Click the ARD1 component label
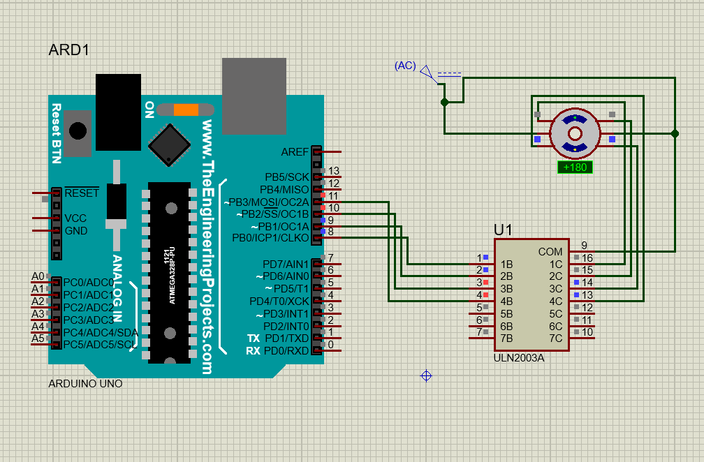click(x=69, y=50)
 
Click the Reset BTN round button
click(x=78, y=131)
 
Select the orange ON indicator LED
click(x=186, y=109)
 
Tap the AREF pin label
click(x=294, y=152)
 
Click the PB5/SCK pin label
click(x=286, y=177)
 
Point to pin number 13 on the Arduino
click(x=333, y=171)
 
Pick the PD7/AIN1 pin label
click(x=286, y=264)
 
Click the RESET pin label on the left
click(x=81, y=193)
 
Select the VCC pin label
click(x=75, y=218)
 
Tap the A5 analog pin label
click(x=38, y=338)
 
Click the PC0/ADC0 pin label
click(x=89, y=283)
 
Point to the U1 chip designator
click(x=503, y=230)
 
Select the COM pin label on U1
click(x=550, y=251)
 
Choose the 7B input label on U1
click(x=507, y=338)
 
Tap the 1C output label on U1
click(x=555, y=264)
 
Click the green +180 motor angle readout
click(x=575, y=167)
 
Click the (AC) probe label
click(x=405, y=66)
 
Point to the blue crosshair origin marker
click(x=426, y=375)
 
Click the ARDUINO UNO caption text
click(x=85, y=384)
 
